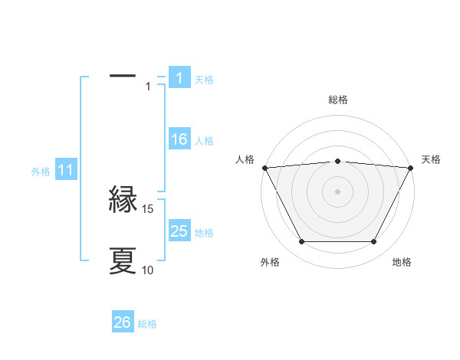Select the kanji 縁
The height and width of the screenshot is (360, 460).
pyautogui.click(x=123, y=201)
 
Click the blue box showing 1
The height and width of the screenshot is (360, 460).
pyautogui.click(x=179, y=77)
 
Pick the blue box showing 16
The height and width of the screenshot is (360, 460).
pyautogui.click(x=179, y=139)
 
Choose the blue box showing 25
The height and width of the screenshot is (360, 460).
pyautogui.click(x=179, y=231)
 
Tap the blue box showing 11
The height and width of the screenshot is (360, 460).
pyautogui.click(x=65, y=171)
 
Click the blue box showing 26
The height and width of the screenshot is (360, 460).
pyautogui.click(x=122, y=322)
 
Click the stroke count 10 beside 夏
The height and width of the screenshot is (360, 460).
pyautogui.click(x=148, y=270)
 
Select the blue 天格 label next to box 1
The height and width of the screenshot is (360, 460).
pyautogui.click(x=204, y=79)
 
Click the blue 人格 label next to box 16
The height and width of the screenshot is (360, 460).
pyautogui.click(x=204, y=141)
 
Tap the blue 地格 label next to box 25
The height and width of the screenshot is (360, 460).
pyautogui.click(x=204, y=233)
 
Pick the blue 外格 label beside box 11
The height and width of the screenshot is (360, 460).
pyautogui.click(x=41, y=172)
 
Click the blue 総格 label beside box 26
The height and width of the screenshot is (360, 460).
pyautogui.click(x=147, y=324)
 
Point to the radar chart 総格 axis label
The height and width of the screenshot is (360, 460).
pyautogui.click(x=338, y=100)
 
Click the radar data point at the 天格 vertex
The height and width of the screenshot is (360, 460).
pyautogui.click(x=411, y=168)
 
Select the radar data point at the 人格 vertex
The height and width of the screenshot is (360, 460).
pyautogui.click(x=264, y=168)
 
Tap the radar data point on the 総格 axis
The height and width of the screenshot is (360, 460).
pyautogui.click(x=338, y=161)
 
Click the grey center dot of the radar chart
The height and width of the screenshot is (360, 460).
pyautogui.click(x=338, y=191)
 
